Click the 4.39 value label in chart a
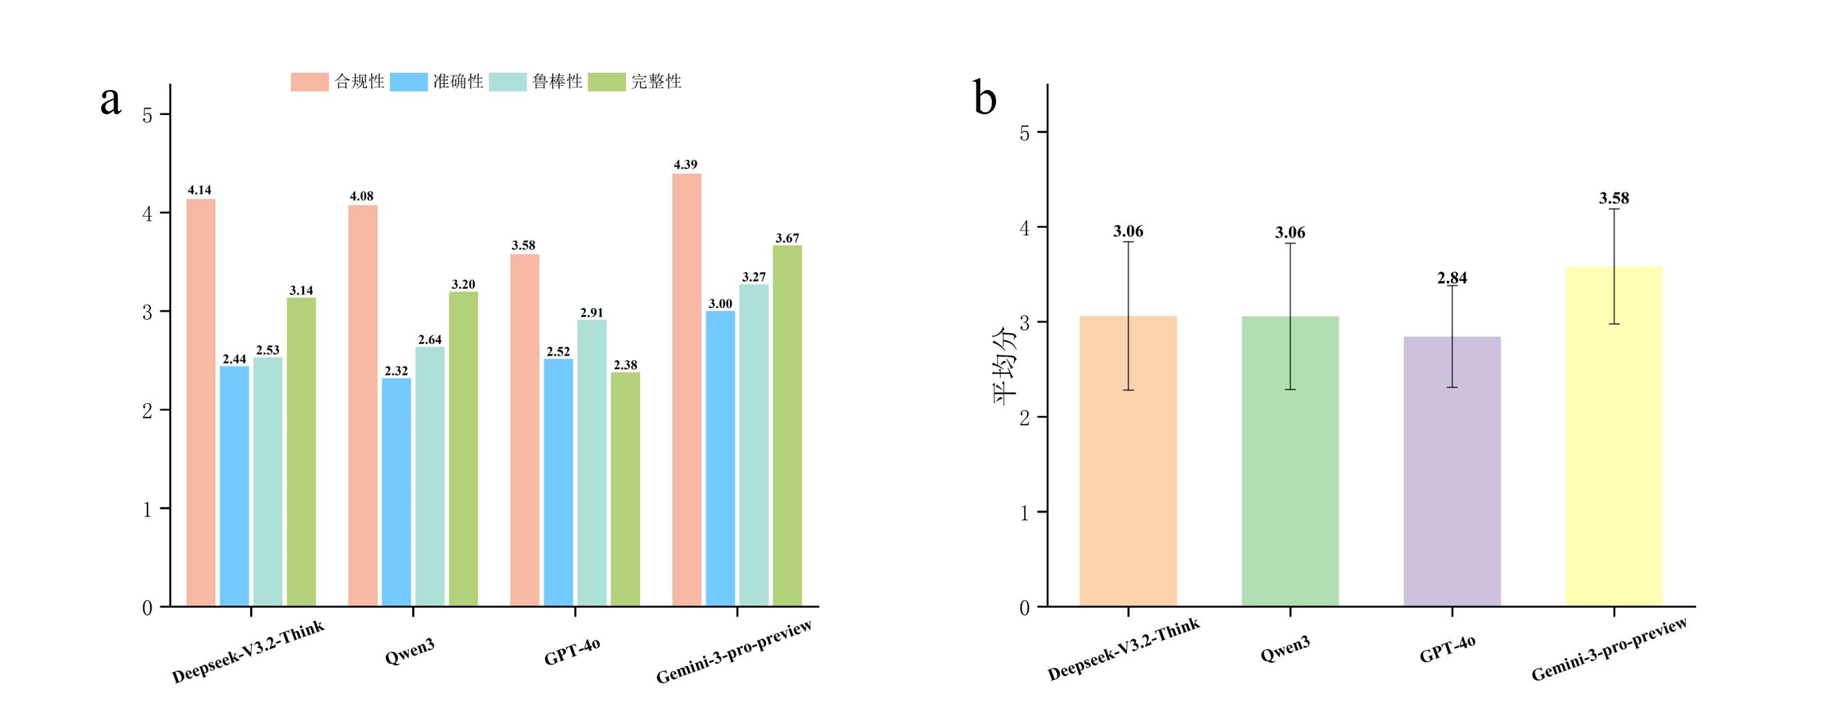coord(685,165)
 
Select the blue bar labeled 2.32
coord(395,492)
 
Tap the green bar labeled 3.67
coord(787,426)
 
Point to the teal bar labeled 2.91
coord(591,463)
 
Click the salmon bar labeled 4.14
coord(201,402)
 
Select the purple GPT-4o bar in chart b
coord(1452,472)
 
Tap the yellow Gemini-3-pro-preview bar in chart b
coord(1614,436)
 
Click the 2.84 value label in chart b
coord(1452,278)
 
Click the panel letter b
coord(985,99)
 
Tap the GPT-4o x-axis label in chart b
coord(1447,649)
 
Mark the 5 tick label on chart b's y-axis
coord(1024,134)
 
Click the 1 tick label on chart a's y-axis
coord(148,510)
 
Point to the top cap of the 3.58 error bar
coord(1614,209)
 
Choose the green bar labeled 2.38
coord(625,490)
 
